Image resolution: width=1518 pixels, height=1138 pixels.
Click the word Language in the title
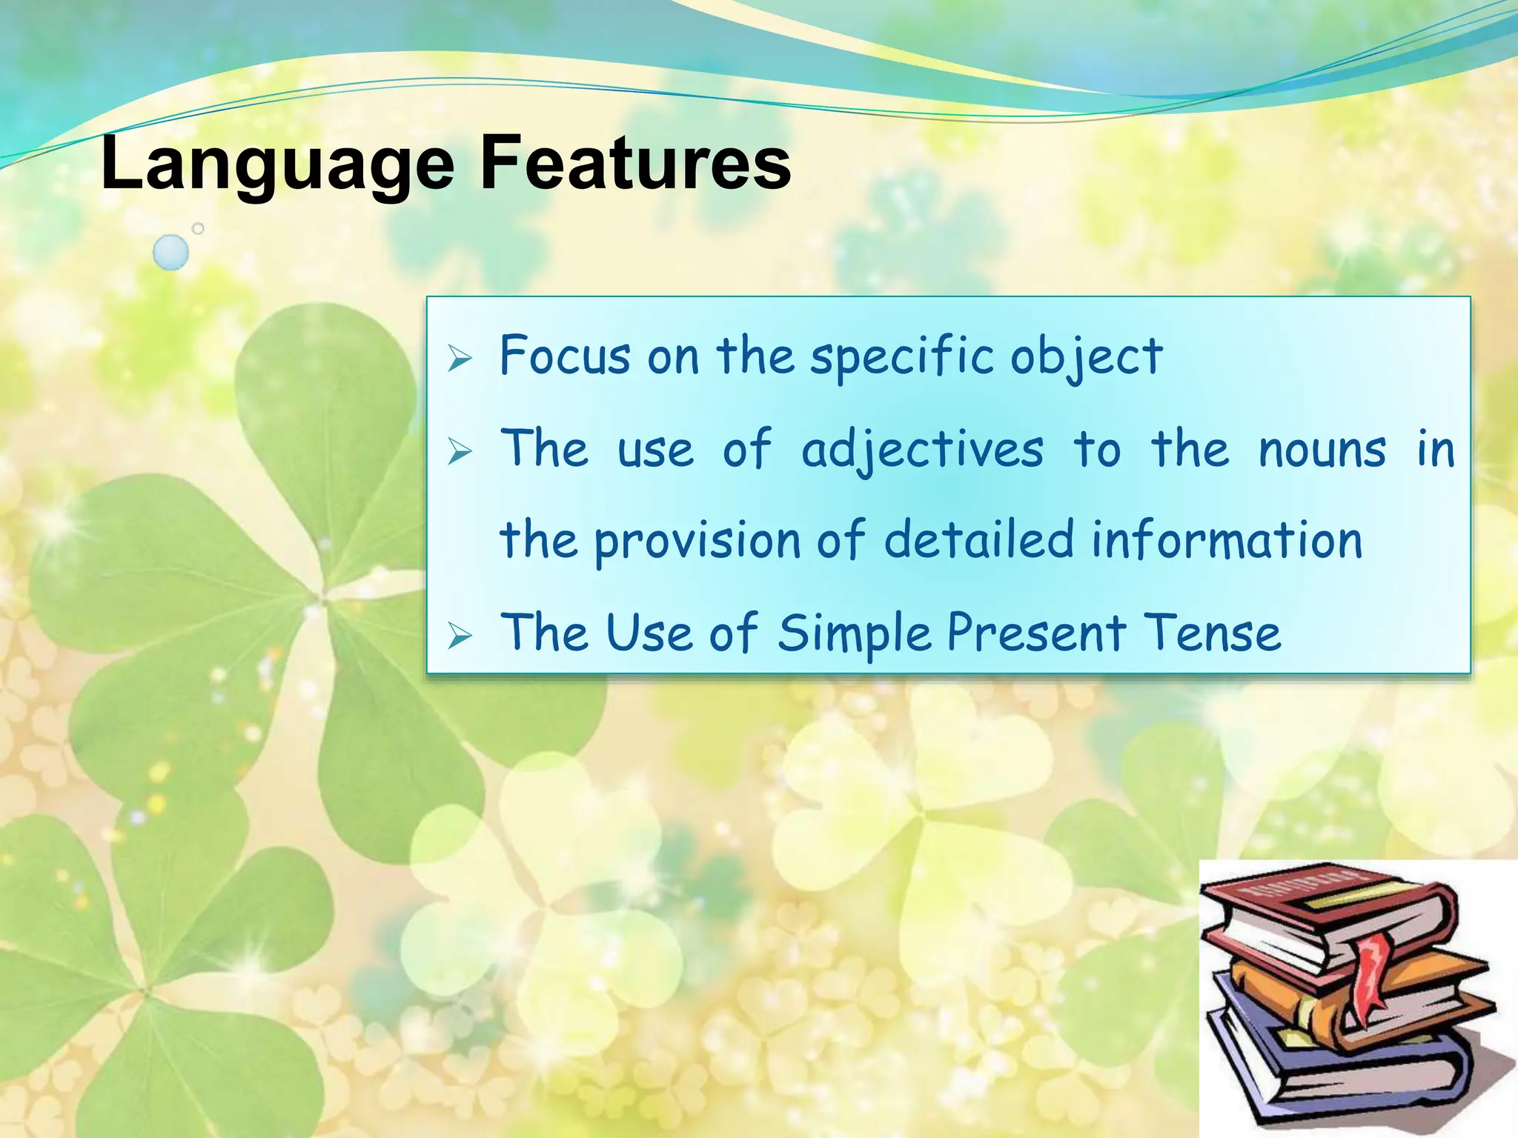point(277,164)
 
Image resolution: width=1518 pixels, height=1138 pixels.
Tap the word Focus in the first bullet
point(565,356)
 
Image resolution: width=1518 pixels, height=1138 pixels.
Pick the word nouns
point(1322,450)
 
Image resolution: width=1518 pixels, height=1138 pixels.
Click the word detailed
point(978,539)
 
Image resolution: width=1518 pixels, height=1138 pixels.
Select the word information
point(1227,539)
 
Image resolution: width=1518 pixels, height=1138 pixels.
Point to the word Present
point(1036,633)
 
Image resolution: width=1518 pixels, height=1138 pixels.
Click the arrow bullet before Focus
point(460,361)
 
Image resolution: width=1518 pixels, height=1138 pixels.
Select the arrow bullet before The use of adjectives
point(460,452)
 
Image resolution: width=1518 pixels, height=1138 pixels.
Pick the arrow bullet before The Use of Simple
point(460,636)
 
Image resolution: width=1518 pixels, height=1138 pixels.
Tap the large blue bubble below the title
point(170,253)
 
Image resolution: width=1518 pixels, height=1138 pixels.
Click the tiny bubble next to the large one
point(198,229)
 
